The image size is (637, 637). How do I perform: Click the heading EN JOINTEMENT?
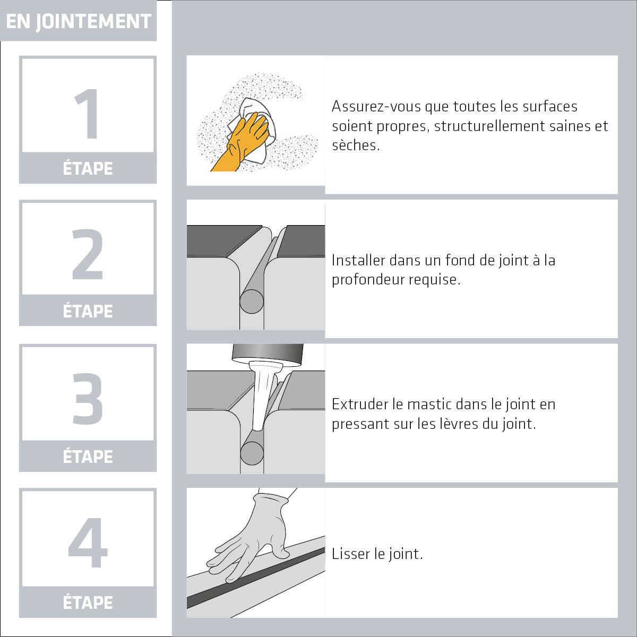tap(79, 21)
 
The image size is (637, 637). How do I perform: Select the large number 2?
tap(88, 254)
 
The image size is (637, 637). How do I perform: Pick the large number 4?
tap(88, 543)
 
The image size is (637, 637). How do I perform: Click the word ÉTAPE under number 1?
tap(88, 168)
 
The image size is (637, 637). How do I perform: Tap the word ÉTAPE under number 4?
tap(88, 602)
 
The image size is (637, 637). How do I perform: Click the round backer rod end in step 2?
tap(252, 301)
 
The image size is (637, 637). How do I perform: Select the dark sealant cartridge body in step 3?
tap(268, 355)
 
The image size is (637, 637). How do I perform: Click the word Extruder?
tap(360, 404)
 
